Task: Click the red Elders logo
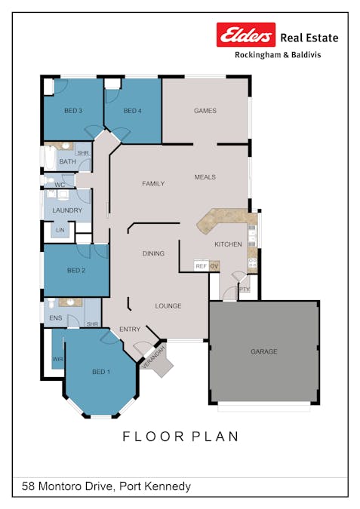(246, 35)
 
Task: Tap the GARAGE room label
(263, 351)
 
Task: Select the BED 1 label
(100, 372)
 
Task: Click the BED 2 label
(75, 270)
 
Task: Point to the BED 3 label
(72, 111)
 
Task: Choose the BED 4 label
(132, 111)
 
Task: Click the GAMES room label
(205, 111)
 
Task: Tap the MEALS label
(205, 177)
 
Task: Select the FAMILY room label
(154, 183)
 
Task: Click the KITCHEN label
(228, 245)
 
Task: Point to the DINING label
(153, 254)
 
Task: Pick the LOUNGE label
(168, 306)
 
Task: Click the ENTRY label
(130, 330)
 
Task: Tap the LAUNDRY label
(66, 210)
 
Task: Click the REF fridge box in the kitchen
(201, 266)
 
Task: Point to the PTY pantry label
(244, 290)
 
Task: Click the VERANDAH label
(154, 357)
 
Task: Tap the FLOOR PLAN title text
(180, 437)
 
